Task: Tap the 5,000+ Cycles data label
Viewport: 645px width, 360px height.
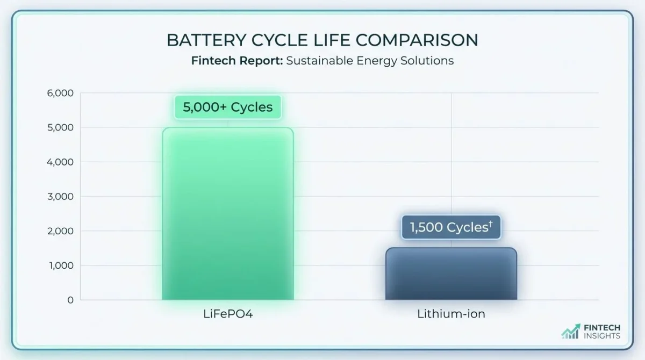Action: pos(227,107)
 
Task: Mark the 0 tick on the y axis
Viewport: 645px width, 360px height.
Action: pos(70,300)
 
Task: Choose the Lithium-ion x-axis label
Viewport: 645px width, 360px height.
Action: pos(451,314)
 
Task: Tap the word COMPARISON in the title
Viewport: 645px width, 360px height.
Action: pos(418,41)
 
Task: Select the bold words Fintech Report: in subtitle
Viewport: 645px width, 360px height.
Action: pos(236,60)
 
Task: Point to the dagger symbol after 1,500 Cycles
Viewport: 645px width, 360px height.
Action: pos(490,224)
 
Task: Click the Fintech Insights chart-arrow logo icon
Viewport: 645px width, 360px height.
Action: pos(571,332)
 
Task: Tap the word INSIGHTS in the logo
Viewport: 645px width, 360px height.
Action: pos(602,336)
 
